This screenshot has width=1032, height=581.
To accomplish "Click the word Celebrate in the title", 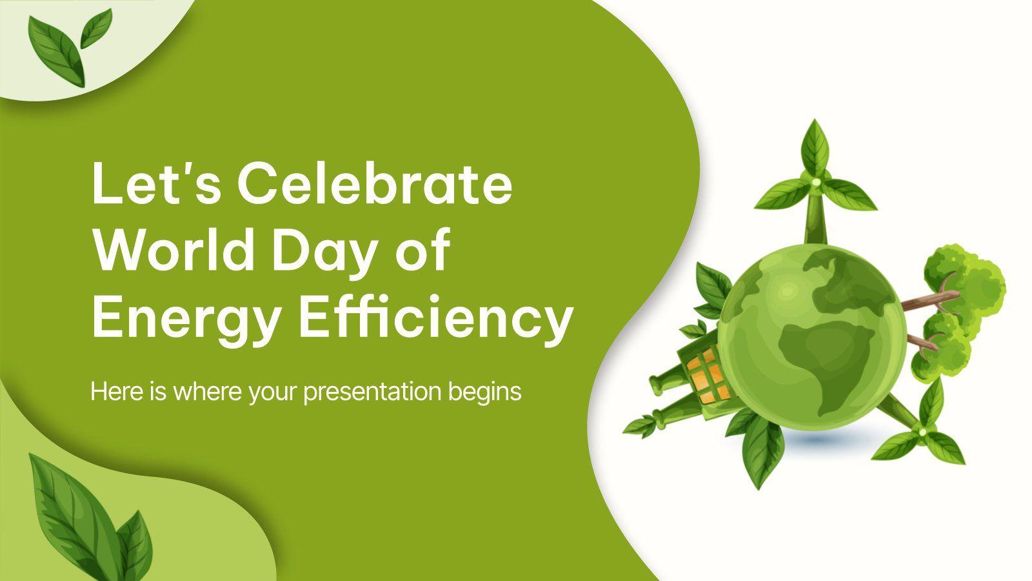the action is point(375,184).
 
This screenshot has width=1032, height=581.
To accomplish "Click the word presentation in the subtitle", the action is point(372,393).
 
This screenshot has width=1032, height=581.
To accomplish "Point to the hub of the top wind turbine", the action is point(816,181).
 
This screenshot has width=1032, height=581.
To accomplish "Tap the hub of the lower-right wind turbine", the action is point(922,432).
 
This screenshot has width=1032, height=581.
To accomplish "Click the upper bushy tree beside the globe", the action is point(964,287).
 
